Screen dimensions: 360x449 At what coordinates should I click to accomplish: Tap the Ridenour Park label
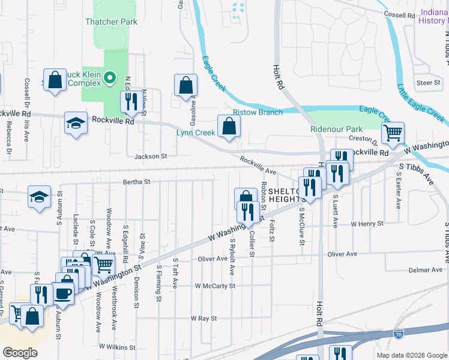(x=337, y=129)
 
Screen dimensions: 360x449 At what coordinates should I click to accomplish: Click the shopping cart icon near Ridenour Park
(x=393, y=133)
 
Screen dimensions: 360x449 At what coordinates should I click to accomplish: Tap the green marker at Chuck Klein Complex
(x=110, y=77)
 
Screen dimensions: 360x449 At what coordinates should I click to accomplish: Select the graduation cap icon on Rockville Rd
(x=76, y=123)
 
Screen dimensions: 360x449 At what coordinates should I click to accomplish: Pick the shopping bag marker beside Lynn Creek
(x=229, y=126)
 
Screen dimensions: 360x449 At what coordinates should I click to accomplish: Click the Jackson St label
(x=150, y=156)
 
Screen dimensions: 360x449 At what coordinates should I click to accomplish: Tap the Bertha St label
(x=136, y=181)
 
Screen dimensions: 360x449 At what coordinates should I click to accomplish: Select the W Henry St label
(x=367, y=224)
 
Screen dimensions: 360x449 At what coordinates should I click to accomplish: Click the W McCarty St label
(x=215, y=286)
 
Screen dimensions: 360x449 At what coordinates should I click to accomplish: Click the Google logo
(x=20, y=353)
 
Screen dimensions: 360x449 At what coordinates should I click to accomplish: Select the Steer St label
(x=429, y=82)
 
